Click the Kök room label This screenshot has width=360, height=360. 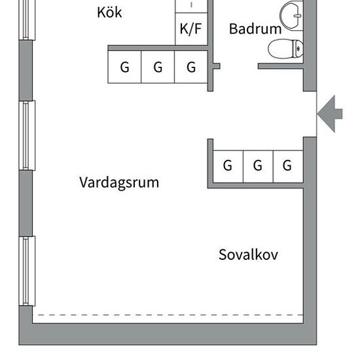pos(109,12)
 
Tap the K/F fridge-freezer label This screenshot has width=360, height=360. pos(190,29)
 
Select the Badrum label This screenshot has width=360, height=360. pos(255,29)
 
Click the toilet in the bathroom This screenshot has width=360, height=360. pos(285,49)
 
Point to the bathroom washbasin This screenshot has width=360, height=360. pos(291,15)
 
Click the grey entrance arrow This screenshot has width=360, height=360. pos(330,114)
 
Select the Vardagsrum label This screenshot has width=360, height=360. pos(119,183)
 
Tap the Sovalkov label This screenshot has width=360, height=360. pos(248,255)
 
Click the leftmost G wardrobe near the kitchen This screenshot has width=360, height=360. pos(124,67)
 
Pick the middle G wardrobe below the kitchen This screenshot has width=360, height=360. pos(158,67)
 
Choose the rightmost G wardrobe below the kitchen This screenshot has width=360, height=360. pos(191,67)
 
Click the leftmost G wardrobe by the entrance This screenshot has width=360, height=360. pos(228,166)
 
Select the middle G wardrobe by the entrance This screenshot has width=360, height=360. pos(258,166)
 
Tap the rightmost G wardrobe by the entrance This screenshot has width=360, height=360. pos(288,166)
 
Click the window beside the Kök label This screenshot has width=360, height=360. pos(27,20)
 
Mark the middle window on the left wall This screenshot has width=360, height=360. pos(27,135)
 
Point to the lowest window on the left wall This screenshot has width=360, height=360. pos(27,271)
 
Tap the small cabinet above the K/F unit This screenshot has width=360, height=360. pos(191,6)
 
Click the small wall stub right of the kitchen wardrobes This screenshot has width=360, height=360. pos(217,66)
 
